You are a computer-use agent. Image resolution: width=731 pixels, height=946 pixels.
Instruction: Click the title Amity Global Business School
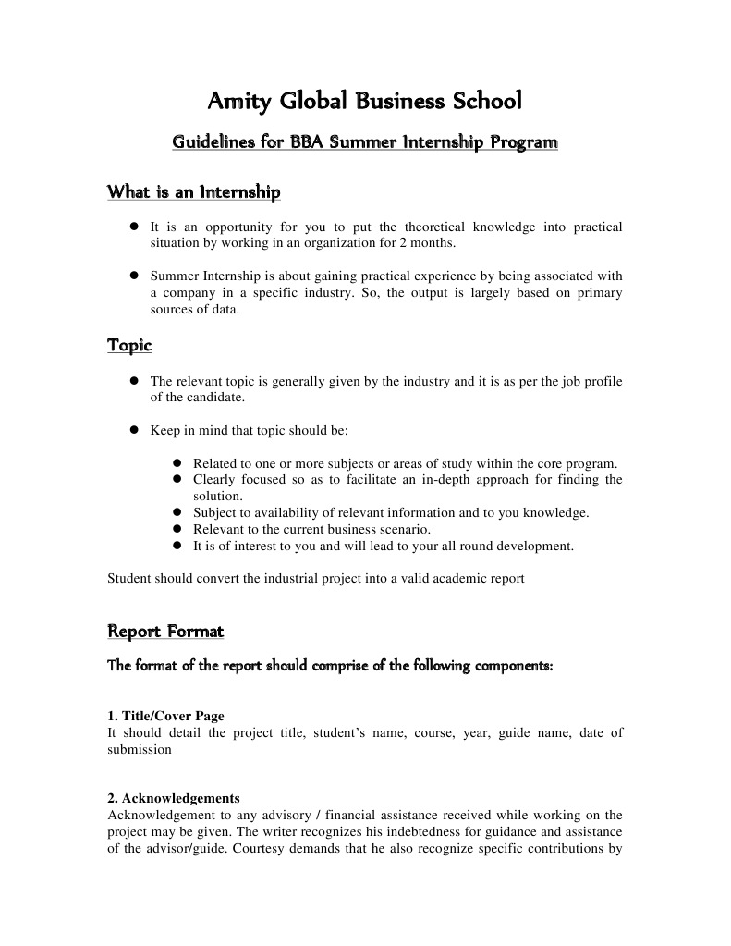click(x=365, y=100)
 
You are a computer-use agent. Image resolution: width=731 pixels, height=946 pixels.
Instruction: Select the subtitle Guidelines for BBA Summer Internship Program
click(x=365, y=143)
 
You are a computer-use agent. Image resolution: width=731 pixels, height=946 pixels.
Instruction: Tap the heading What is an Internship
click(x=193, y=193)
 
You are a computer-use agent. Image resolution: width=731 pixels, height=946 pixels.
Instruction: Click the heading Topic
click(x=129, y=346)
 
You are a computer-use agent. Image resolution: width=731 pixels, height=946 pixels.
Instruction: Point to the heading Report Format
click(x=165, y=633)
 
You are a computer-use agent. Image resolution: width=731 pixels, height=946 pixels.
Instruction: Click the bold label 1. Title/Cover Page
click(x=165, y=717)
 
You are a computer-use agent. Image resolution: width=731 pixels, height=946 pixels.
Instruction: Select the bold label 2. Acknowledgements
click(x=174, y=798)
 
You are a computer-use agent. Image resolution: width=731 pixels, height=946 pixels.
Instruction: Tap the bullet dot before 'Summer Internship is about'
click(x=134, y=276)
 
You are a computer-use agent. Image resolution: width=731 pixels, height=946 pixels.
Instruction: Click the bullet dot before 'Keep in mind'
click(x=134, y=430)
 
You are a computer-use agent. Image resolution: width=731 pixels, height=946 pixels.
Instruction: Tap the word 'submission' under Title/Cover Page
click(x=140, y=750)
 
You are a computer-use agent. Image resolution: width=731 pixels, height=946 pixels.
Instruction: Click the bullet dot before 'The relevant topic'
click(x=134, y=380)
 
